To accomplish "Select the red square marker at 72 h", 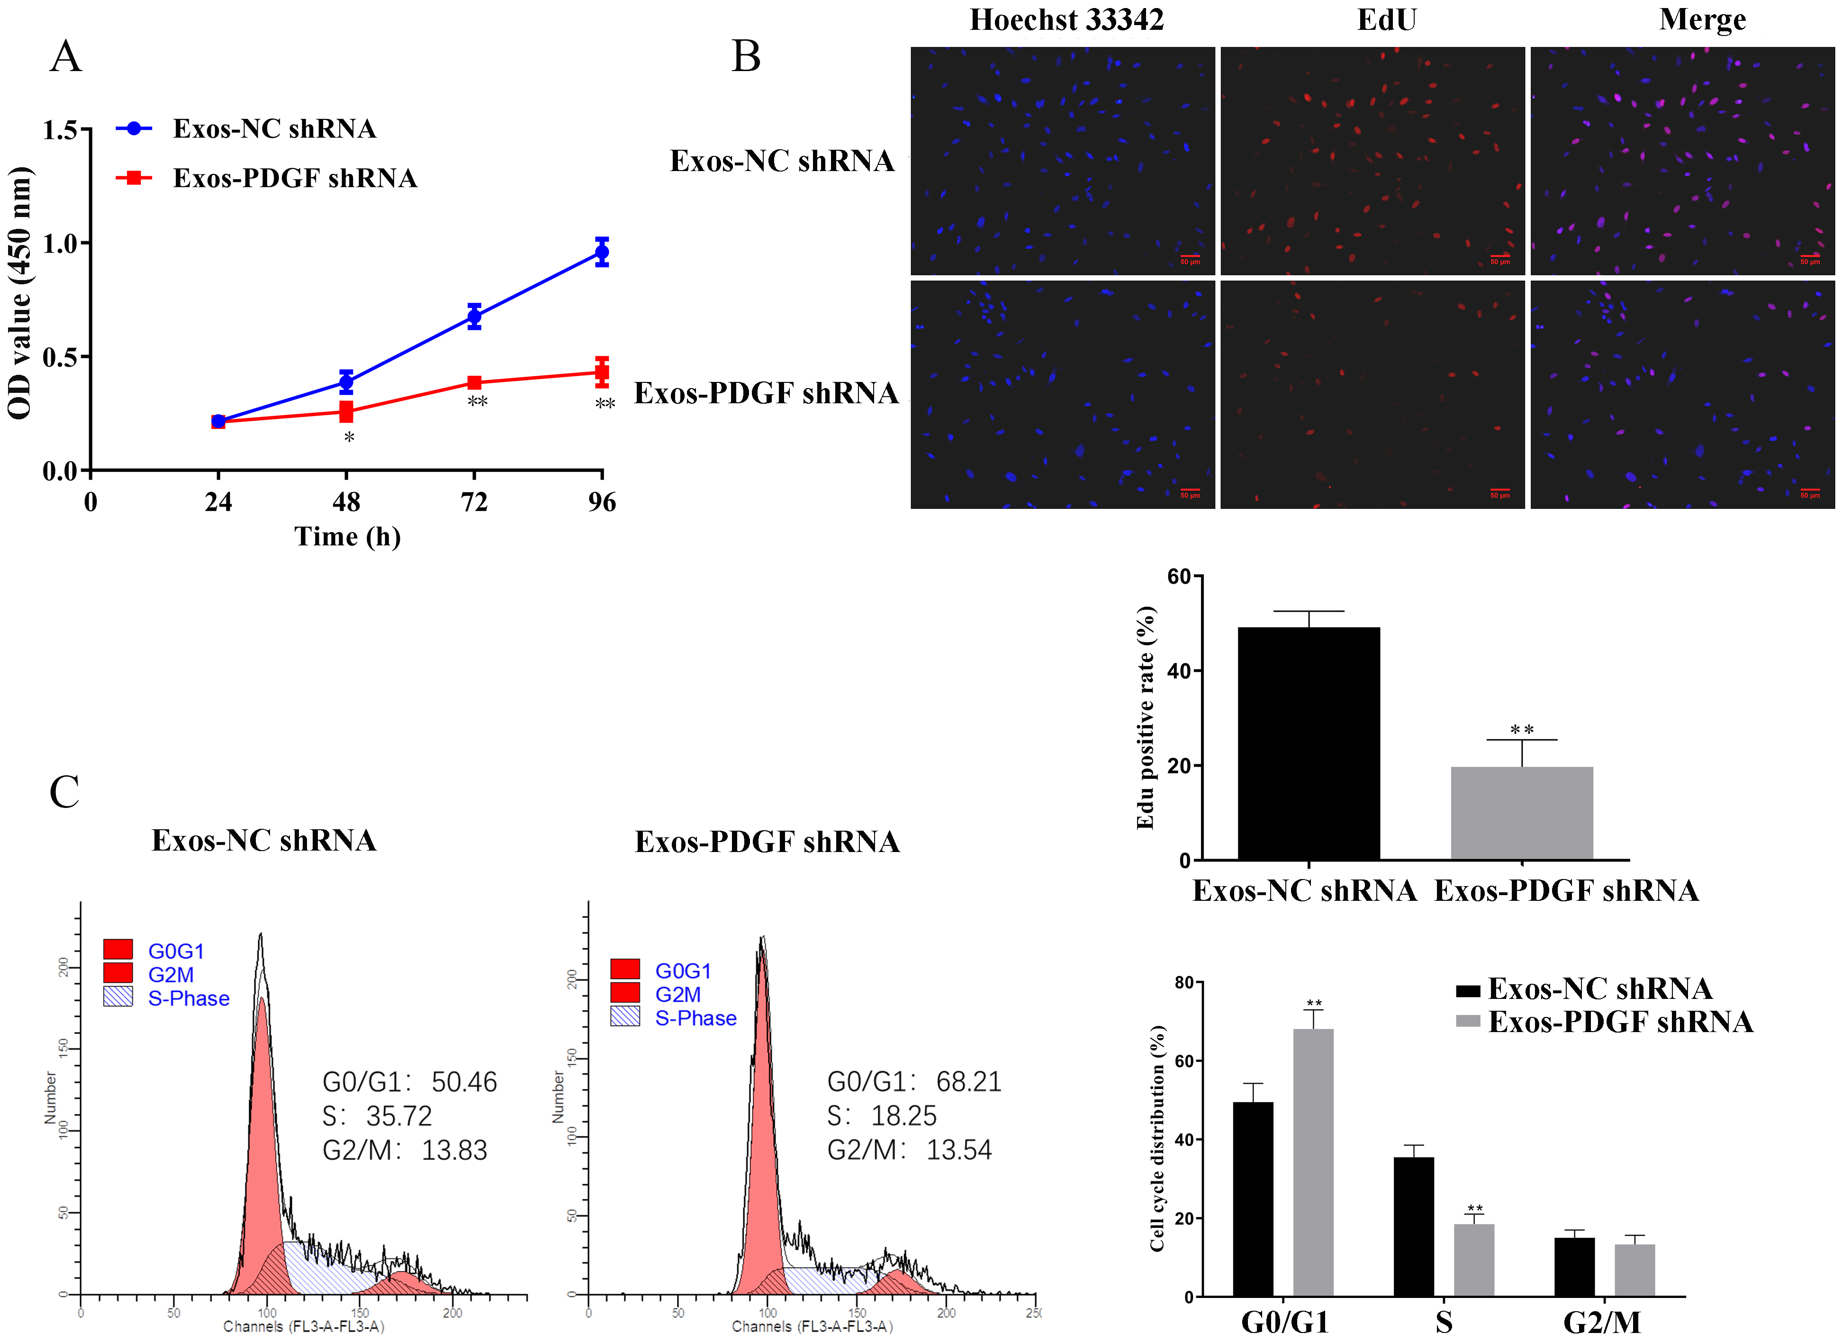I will point(474,382).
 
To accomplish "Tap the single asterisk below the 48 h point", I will point(348,438).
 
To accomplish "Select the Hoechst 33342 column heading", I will point(1066,19).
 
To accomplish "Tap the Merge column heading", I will point(1702,19).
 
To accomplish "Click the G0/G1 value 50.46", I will point(464,1082).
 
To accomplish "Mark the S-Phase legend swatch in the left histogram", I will point(118,997).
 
